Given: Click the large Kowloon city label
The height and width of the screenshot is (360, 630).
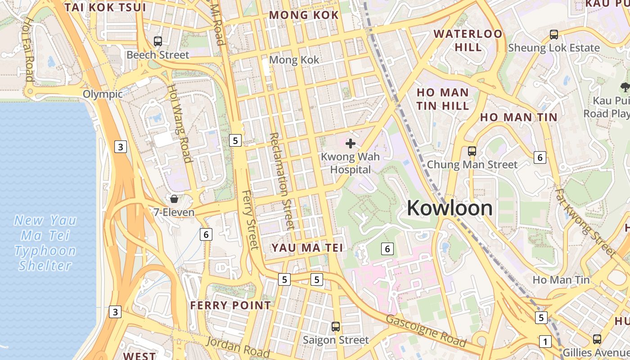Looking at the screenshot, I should [x=450, y=208].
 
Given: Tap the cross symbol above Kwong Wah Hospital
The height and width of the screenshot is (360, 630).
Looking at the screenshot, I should [x=351, y=144].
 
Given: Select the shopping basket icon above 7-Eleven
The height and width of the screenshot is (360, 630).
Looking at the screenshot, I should [x=174, y=198].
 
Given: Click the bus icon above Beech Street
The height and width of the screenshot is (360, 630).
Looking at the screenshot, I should [x=157, y=41].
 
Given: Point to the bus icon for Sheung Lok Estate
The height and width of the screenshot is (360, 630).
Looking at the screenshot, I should [x=554, y=35].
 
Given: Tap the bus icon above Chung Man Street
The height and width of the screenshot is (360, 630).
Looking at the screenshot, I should [x=472, y=151].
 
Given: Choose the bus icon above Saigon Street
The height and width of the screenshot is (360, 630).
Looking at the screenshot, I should [x=335, y=327].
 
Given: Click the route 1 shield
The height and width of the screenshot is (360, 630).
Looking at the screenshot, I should [x=545, y=342].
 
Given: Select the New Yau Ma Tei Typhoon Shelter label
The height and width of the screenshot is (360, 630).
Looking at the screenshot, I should [x=45, y=243].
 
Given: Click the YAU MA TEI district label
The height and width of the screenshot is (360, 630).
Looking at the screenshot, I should [x=307, y=247].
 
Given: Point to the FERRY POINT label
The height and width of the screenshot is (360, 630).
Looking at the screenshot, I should [x=230, y=306].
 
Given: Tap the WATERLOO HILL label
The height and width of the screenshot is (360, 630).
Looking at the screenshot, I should [x=468, y=40].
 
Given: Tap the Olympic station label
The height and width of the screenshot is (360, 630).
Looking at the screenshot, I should [x=103, y=94].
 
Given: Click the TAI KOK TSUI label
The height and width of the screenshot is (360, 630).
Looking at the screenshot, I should [x=105, y=8].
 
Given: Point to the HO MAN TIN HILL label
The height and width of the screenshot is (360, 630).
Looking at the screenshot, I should [x=442, y=99].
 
